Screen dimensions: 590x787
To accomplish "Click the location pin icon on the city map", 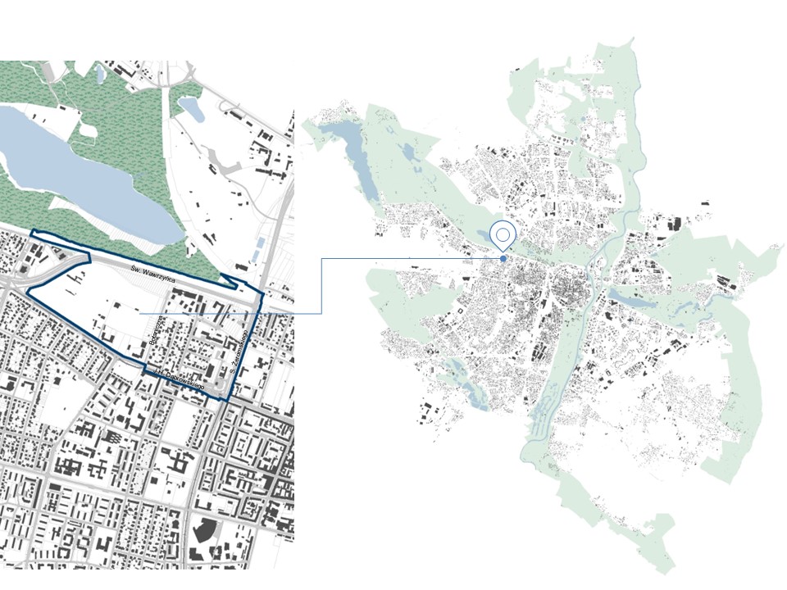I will point(503,236).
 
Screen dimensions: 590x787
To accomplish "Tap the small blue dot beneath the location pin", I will point(503,259).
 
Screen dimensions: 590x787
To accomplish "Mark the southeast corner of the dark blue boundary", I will point(227,399).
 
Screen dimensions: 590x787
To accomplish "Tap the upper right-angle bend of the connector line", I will point(321,259).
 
